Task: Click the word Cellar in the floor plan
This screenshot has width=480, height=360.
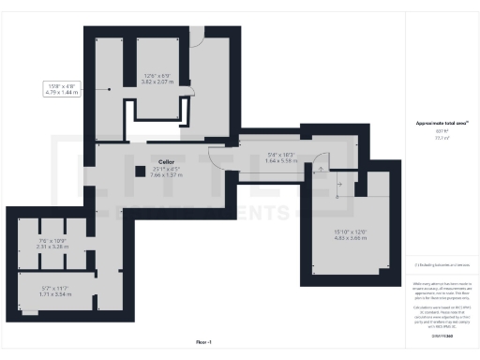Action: click(167, 162)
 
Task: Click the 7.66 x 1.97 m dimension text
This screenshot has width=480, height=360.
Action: click(167, 175)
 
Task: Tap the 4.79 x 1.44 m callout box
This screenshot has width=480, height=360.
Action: click(64, 90)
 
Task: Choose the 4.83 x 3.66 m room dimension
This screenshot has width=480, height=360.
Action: click(348, 239)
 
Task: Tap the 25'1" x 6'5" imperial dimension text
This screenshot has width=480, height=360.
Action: click(167, 169)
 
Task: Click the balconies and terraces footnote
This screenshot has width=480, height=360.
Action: click(440, 265)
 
